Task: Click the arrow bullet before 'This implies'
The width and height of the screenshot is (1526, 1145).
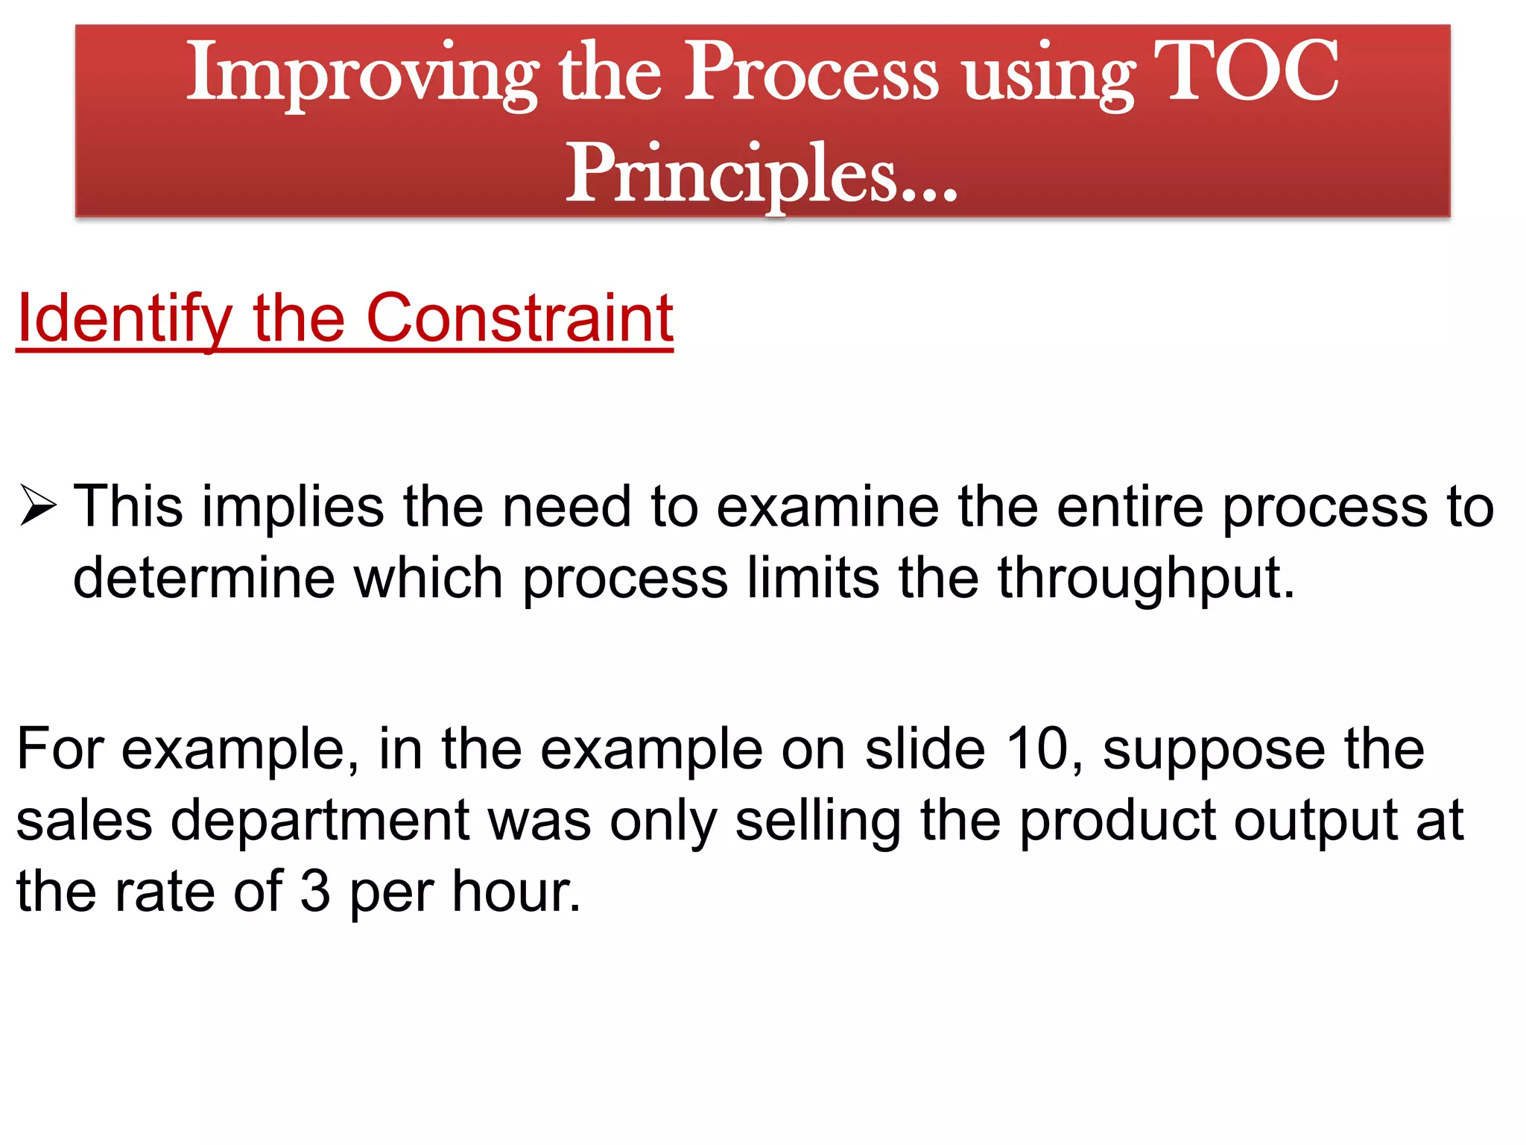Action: tap(38, 506)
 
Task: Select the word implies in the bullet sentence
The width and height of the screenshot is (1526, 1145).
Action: tap(293, 508)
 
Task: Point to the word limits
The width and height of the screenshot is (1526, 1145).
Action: tap(813, 578)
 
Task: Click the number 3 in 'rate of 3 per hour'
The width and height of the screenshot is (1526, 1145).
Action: tap(315, 892)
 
